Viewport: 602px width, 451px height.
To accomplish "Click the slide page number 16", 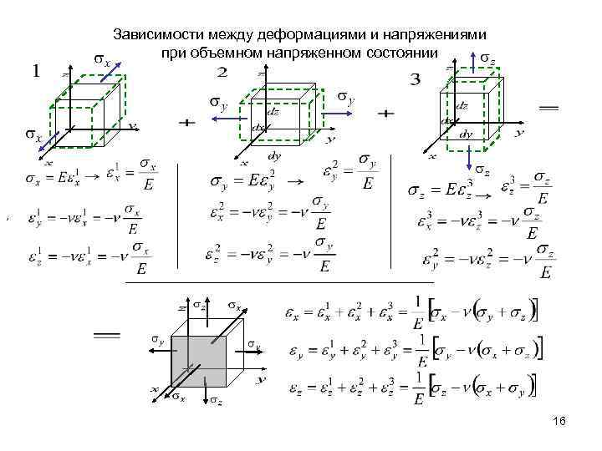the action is coord(560,423).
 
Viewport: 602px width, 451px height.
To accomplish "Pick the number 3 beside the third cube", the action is coord(415,80).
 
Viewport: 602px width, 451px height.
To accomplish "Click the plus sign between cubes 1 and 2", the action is coord(186,122).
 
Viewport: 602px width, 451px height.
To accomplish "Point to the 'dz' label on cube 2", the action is coord(273,112).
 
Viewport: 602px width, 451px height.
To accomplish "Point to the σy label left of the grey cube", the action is coord(156,338).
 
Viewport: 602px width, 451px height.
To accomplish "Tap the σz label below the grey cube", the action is coord(216,402).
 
